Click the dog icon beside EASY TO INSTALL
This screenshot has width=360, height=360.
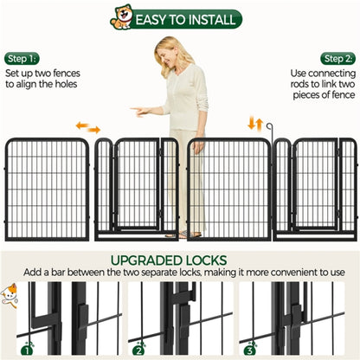123,16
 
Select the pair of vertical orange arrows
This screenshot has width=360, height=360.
255,124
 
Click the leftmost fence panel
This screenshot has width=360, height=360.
47,189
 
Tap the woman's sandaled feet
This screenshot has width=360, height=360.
183,234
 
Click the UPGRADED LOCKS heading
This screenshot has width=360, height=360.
180,260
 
